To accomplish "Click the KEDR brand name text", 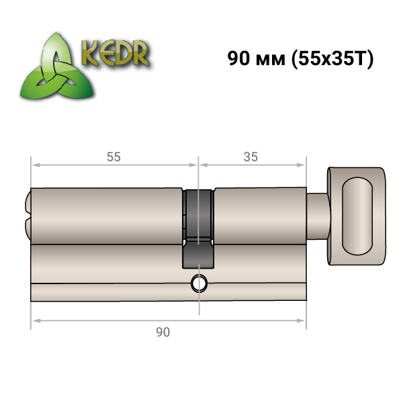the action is coord(115,53).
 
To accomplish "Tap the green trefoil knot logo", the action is coord(57,66).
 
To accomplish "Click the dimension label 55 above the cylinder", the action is coord(114,156).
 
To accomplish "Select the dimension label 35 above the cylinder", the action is coord(251,156).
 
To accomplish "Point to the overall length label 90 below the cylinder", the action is coord(163,332).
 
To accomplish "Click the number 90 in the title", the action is coord(238,58).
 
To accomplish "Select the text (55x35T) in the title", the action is coord(332,59).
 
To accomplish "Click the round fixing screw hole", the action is coord(199,283).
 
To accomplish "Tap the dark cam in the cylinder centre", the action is coord(198,229).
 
